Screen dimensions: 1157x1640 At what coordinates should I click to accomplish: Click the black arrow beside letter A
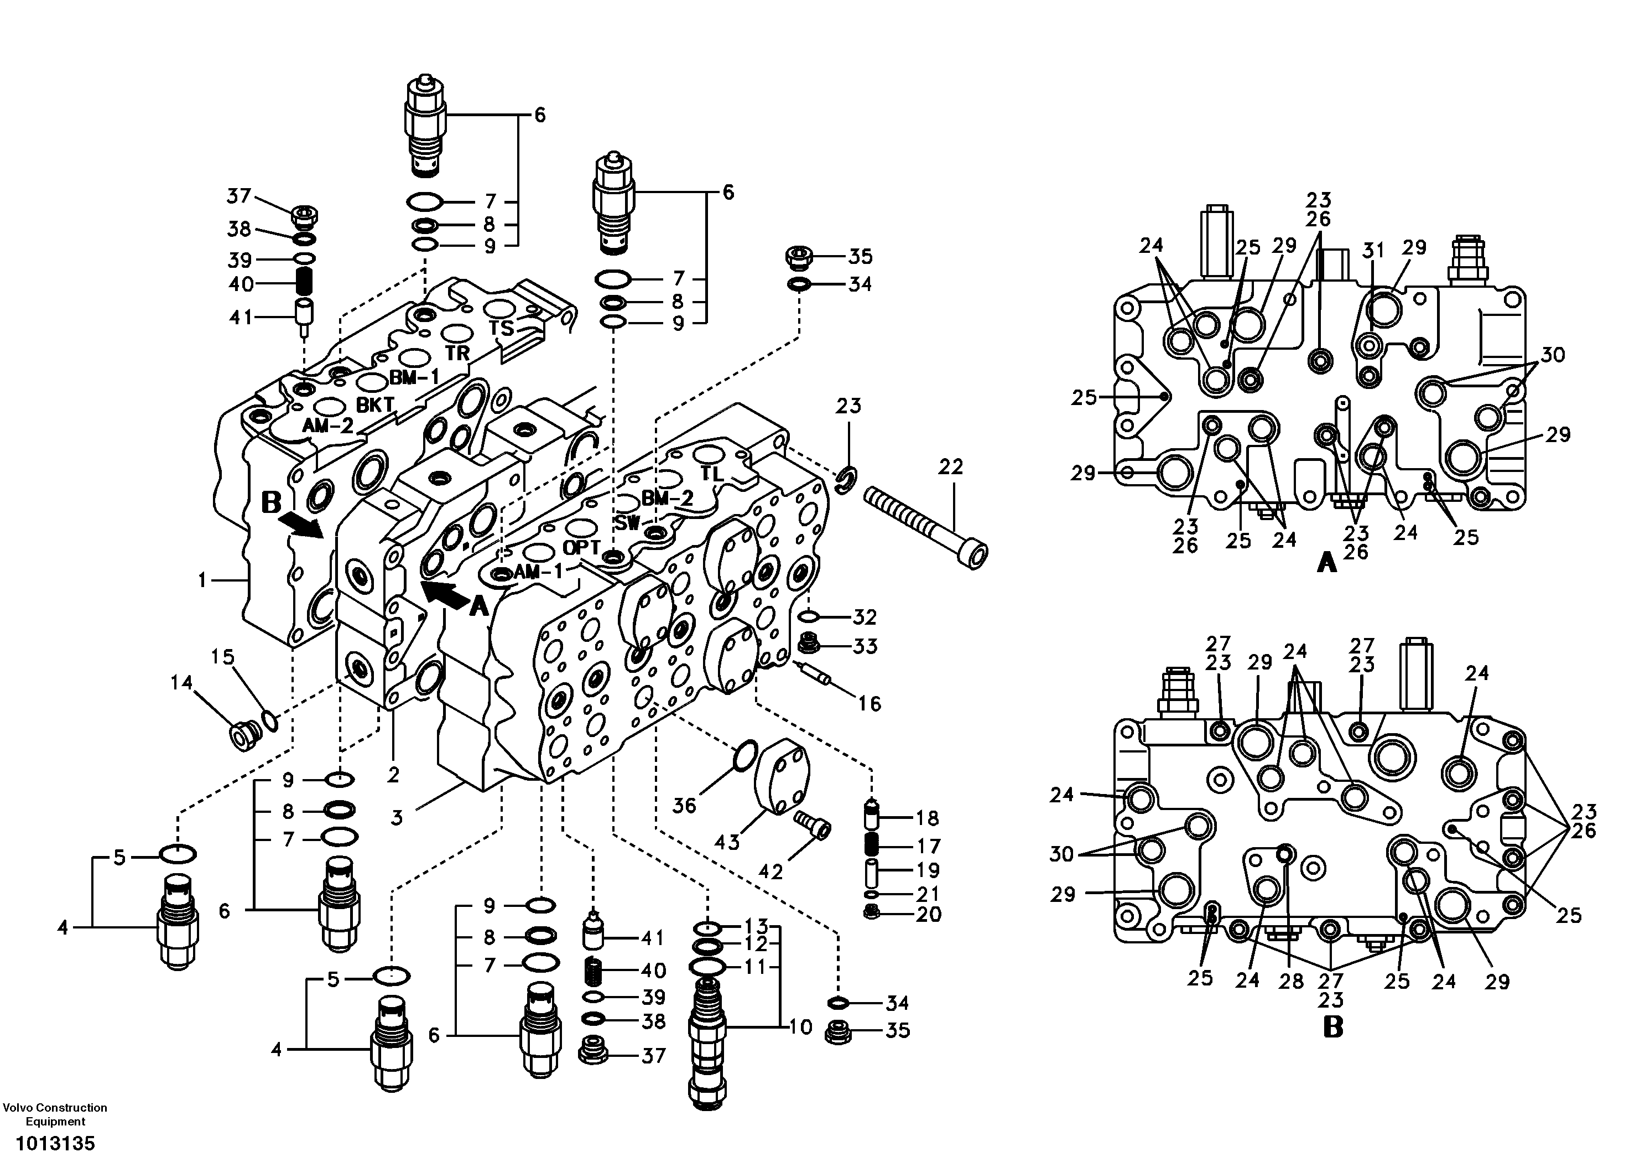coord(444,594)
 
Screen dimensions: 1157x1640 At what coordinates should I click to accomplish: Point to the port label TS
coord(502,328)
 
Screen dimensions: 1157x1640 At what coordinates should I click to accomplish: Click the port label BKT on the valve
coord(375,405)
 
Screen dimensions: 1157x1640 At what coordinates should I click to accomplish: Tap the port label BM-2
coord(667,498)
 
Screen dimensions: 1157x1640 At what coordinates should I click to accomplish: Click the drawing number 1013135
coord(56,1143)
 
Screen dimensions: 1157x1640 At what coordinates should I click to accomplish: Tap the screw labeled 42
coord(814,828)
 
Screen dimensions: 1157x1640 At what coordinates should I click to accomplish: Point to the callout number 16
coord(870,704)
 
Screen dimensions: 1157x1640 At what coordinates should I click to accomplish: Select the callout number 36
coord(684,806)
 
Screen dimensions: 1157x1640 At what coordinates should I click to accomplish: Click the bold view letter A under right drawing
coord(1326,564)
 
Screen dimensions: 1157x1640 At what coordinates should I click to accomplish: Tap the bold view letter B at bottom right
coord(1333,1027)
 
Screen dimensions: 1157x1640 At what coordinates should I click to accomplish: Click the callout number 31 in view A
coord(1373,250)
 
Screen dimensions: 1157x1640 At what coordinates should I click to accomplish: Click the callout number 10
coord(801,1027)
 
